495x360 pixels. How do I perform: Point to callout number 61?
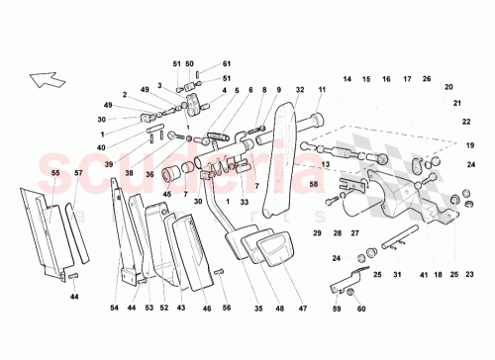tap(226, 63)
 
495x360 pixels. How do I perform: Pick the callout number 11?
tap(322, 89)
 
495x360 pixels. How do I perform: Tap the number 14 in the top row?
tap(347, 78)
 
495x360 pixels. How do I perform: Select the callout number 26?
tap(427, 78)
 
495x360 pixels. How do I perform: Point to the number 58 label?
tap(314, 184)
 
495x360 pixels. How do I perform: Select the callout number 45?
tap(167, 194)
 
